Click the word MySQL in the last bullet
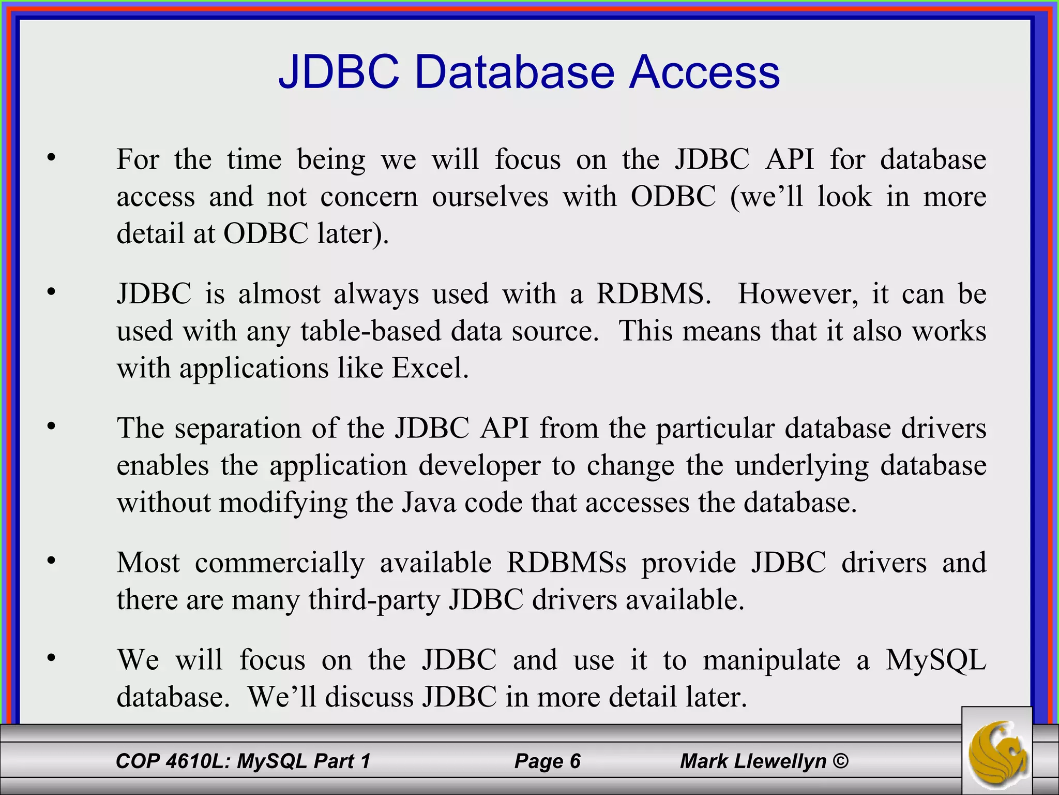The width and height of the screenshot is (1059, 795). [935, 660]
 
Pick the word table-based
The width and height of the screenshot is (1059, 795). [371, 331]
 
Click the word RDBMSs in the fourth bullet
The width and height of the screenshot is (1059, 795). [566, 563]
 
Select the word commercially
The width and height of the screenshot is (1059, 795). [280, 563]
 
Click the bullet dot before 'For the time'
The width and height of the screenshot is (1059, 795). [51, 157]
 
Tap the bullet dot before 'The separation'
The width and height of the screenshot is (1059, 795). [51, 426]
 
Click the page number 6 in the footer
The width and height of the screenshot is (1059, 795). [574, 761]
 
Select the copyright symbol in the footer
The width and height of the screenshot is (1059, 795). [841, 761]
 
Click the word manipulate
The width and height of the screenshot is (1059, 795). [771, 660]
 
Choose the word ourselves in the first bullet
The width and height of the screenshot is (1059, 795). [490, 197]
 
